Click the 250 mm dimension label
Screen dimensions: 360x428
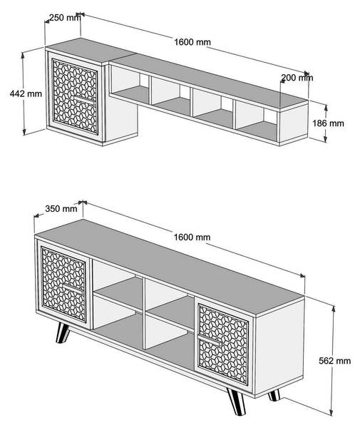[x=65, y=18]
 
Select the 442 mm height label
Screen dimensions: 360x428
[x=26, y=93]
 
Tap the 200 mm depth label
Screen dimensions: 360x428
[x=297, y=78]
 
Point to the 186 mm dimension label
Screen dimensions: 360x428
[x=328, y=123]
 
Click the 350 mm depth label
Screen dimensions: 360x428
[x=61, y=209]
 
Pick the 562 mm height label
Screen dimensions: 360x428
[x=334, y=361]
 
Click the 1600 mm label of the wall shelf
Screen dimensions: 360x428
[x=192, y=42]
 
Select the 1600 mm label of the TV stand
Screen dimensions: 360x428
[x=192, y=238]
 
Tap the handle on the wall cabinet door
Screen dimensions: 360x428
[x=84, y=99]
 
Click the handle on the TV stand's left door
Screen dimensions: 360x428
[x=73, y=288]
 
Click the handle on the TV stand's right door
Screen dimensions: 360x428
[x=209, y=340]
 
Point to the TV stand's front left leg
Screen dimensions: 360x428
[x=63, y=332]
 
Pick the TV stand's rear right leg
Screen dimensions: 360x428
[x=274, y=395]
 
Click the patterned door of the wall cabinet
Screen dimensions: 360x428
[x=76, y=96]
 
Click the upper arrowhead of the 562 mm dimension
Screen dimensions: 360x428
[x=334, y=309]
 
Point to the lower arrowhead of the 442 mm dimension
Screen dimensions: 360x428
[x=24, y=132]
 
